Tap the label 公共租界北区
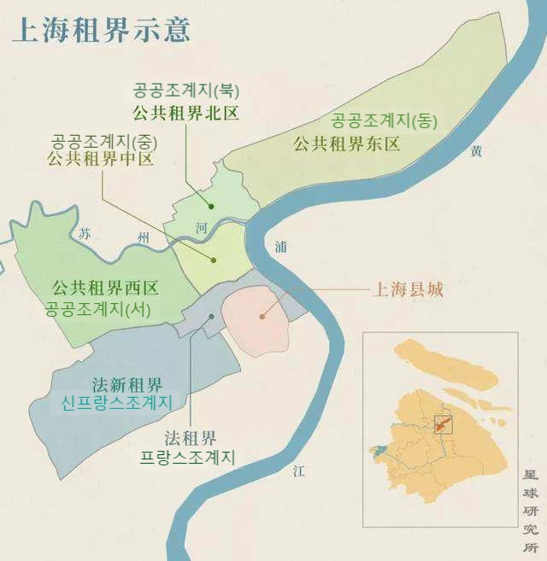coord(184,111)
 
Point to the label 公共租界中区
coord(101,158)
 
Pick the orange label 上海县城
coord(407,289)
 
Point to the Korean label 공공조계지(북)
coord(184,91)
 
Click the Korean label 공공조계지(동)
coord(385,120)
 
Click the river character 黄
coord(476,151)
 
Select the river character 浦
coord(281,246)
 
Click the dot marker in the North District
coord(210,205)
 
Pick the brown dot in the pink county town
coord(262,317)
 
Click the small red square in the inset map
coord(443,424)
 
